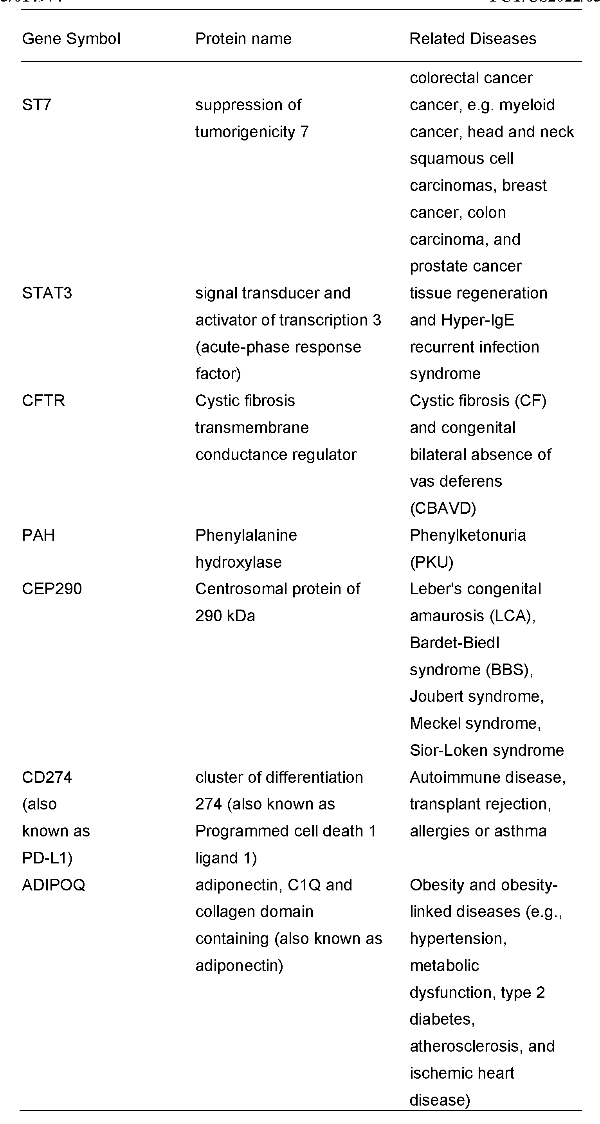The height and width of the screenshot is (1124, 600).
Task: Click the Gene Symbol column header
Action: (x=71, y=39)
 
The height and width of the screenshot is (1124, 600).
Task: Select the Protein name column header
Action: (x=243, y=39)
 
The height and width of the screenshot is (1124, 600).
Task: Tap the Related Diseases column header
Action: (x=472, y=39)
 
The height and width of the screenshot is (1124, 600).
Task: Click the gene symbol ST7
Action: (x=37, y=105)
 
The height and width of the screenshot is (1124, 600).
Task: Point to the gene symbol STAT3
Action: (x=47, y=293)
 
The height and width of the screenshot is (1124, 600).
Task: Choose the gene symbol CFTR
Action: (x=43, y=401)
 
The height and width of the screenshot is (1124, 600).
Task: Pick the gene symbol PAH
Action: (x=38, y=535)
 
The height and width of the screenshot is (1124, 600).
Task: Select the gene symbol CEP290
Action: (x=52, y=589)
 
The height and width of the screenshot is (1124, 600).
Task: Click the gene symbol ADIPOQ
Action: (x=53, y=885)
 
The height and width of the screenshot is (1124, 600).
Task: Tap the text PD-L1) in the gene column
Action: (x=47, y=858)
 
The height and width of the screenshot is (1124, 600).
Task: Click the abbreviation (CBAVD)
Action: (x=443, y=508)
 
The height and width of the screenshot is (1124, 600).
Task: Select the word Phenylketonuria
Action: (x=467, y=535)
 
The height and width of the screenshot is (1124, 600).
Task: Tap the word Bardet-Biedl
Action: (x=454, y=643)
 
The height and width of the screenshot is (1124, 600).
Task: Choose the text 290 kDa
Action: (x=225, y=616)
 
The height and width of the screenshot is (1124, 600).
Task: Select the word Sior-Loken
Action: (x=445, y=750)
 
